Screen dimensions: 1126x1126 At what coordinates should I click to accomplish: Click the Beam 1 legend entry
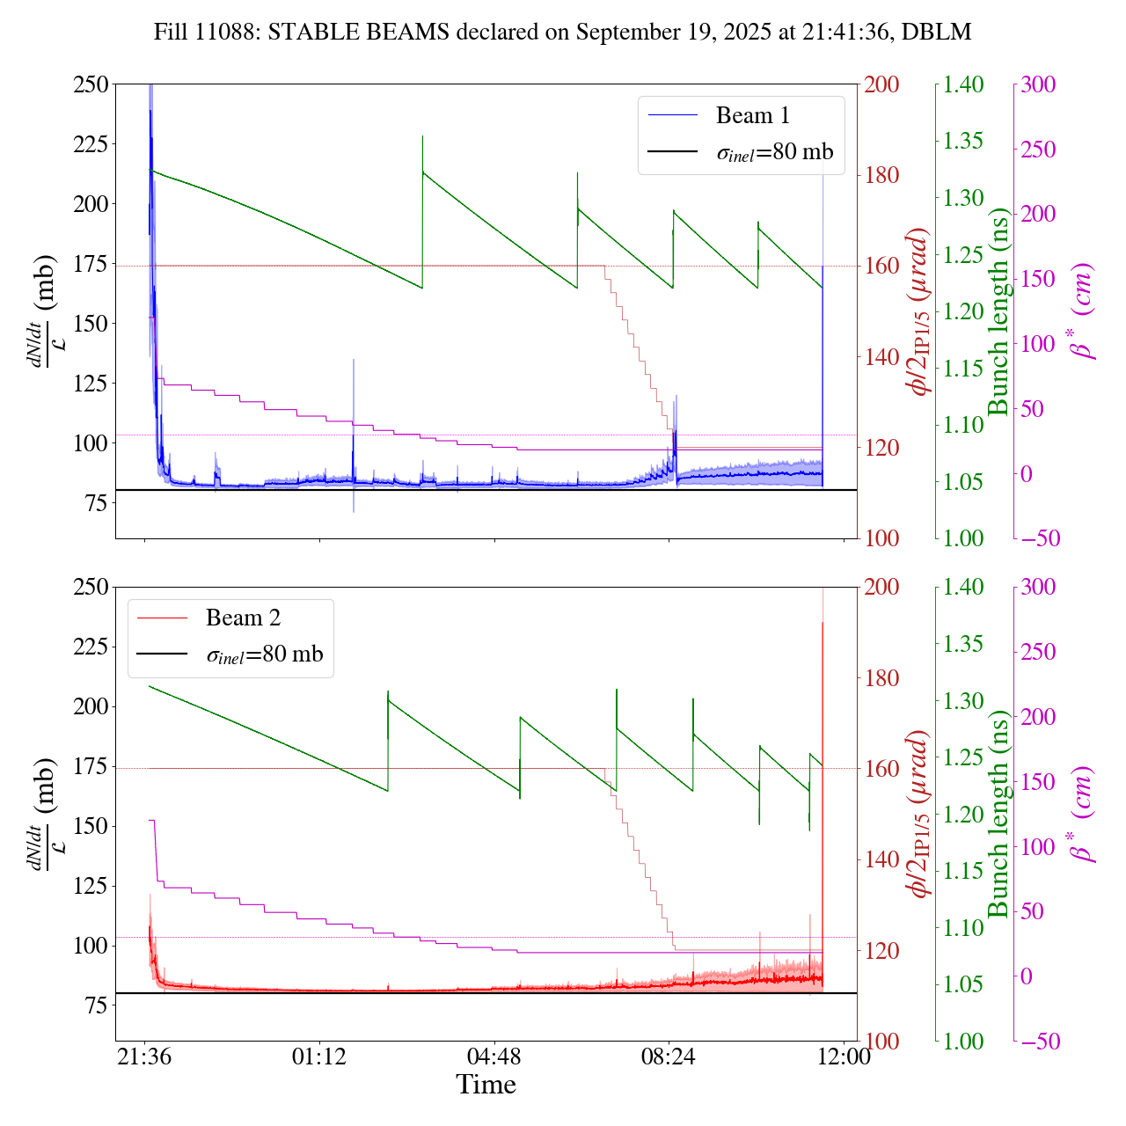[752, 115]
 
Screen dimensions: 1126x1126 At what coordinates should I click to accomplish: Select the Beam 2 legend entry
[243, 618]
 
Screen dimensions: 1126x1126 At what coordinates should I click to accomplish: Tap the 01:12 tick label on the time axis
[319, 1056]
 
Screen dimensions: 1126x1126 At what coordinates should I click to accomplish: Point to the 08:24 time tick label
[669, 1056]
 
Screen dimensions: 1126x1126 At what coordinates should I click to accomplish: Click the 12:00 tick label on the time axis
[844, 1056]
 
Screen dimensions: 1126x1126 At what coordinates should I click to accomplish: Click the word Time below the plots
[486, 1085]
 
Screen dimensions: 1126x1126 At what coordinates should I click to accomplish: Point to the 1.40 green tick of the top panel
[964, 84]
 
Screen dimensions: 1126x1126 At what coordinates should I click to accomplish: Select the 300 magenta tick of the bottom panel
[1038, 588]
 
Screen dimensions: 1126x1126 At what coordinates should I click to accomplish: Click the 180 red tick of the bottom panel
[881, 678]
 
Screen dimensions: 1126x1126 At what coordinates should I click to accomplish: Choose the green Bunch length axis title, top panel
[998, 312]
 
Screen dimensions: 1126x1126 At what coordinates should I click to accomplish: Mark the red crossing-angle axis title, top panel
[919, 312]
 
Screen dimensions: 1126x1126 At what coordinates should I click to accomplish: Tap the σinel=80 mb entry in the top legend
[774, 152]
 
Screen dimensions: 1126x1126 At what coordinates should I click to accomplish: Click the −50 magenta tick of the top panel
[1040, 538]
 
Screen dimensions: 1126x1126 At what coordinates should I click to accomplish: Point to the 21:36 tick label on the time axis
[145, 1056]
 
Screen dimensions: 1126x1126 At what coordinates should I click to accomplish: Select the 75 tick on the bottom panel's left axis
[96, 1005]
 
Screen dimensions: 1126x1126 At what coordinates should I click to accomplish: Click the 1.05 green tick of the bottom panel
[964, 984]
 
